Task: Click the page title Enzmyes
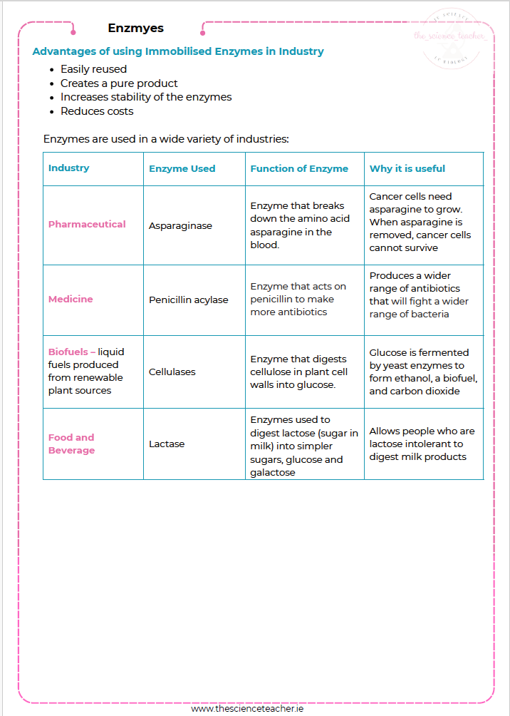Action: click(136, 29)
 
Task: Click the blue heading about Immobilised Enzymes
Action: click(178, 51)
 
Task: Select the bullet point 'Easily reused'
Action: click(93, 69)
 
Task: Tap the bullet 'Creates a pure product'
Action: click(119, 83)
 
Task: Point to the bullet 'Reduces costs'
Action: click(97, 111)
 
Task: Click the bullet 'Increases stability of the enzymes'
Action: click(146, 97)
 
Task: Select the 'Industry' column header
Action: click(69, 168)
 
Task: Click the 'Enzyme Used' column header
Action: click(182, 169)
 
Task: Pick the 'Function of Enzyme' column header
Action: click(299, 169)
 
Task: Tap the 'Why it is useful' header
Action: click(407, 169)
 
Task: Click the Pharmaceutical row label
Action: click(87, 224)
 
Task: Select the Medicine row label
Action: click(71, 299)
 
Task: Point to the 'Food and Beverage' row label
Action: click(71, 444)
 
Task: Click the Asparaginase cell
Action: click(180, 226)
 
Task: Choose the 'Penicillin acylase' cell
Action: click(189, 300)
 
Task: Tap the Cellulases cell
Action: click(172, 372)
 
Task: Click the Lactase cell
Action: click(167, 444)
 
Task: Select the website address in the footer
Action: click(247, 709)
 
